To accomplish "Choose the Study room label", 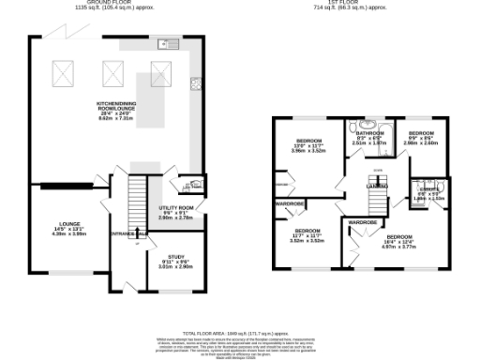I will pyautogui.click(x=175, y=261).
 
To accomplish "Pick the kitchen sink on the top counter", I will pyautogui.click(x=170, y=42).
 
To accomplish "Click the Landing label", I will pyautogui.click(x=377, y=187).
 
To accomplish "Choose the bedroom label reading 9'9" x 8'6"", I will pyautogui.click(x=423, y=139).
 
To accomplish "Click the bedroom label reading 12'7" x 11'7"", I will pyautogui.click(x=307, y=235).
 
